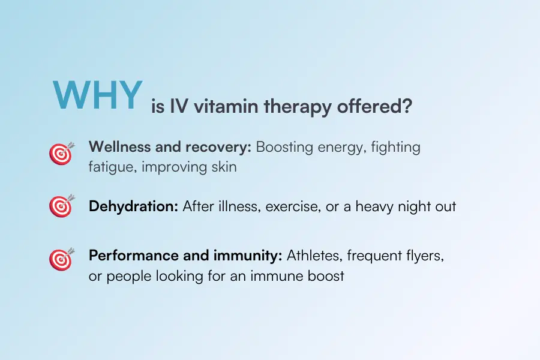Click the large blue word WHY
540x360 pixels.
point(97,94)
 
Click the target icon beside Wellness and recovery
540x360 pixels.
point(61,154)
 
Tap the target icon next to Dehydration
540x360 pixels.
point(61,206)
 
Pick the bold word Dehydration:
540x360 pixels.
point(133,206)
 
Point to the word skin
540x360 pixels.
point(223,167)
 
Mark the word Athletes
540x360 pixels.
point(312,256)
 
